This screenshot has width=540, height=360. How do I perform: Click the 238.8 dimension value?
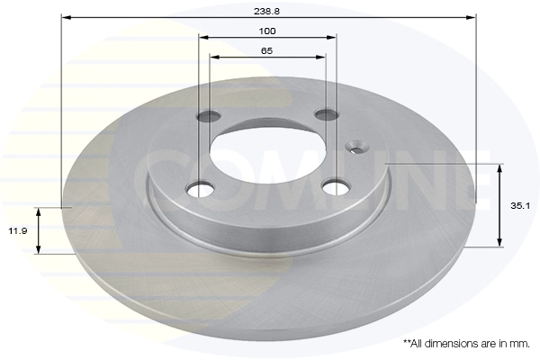tap(267, 11)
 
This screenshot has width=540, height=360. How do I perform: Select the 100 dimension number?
tap(267, 31)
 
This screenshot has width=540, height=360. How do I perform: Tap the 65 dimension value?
tap(267, 51)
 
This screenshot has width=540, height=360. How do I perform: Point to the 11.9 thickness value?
tap(18, 230)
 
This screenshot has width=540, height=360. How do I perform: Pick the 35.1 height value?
tap(520, 206)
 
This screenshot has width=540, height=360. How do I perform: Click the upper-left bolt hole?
tap(209, 116)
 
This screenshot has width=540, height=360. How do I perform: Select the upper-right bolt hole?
tap(326, 114)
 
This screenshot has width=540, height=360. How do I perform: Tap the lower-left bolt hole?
tap(200, 188)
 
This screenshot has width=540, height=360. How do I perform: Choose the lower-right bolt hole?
tap(335, 187)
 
